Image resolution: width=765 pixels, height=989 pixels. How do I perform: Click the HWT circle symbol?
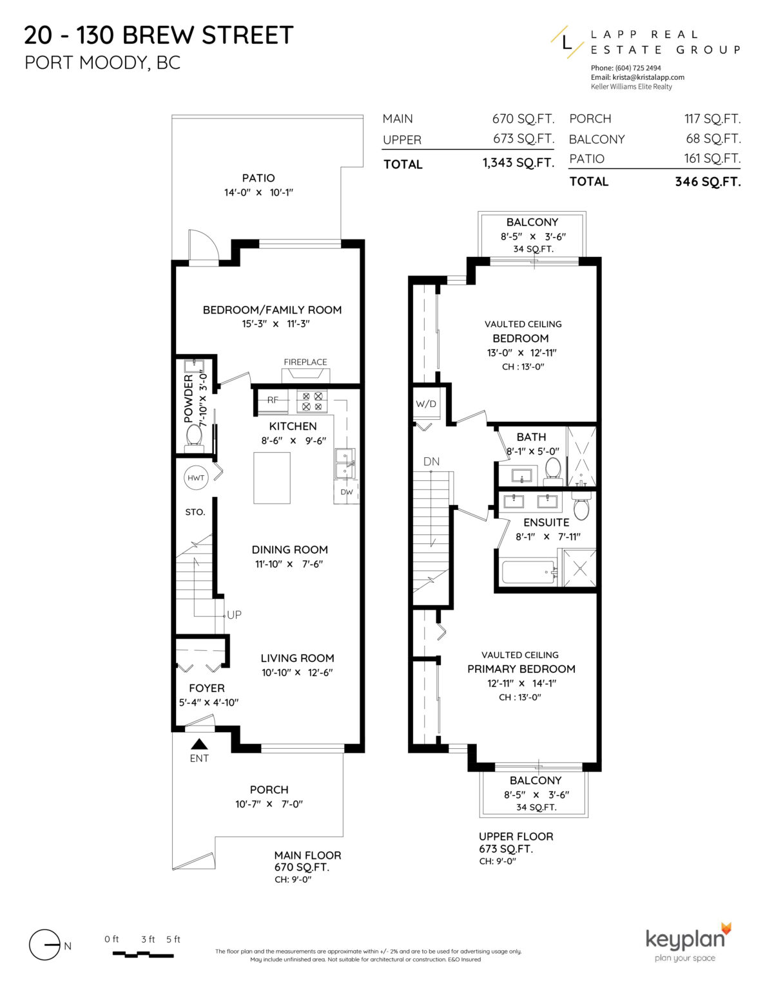click(196, 478)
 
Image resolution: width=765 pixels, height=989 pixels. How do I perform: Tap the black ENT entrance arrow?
click(200, 744)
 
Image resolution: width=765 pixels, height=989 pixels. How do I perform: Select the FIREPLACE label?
click(305, 362)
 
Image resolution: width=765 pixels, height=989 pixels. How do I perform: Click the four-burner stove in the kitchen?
click(312, 402)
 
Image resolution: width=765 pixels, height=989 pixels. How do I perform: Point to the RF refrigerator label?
click(273, 400)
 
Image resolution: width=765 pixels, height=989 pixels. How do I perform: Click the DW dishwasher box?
click(347, 492)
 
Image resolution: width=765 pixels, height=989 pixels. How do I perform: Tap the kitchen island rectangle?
click(271, 478)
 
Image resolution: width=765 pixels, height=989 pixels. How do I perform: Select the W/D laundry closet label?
click(425, 404)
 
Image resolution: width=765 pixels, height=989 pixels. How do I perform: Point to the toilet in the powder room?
click(193, 436)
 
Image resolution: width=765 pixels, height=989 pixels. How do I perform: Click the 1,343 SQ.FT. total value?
click(518, 163)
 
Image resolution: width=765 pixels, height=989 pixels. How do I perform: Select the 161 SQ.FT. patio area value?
click(712, 158)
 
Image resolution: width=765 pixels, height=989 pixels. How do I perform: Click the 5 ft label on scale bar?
click(173, 939)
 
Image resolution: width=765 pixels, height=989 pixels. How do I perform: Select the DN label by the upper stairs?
click(431, 461)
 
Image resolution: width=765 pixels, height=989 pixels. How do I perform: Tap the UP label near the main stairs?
click(234, 615)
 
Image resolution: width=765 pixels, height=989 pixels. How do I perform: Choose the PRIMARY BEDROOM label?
click(521, 669)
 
